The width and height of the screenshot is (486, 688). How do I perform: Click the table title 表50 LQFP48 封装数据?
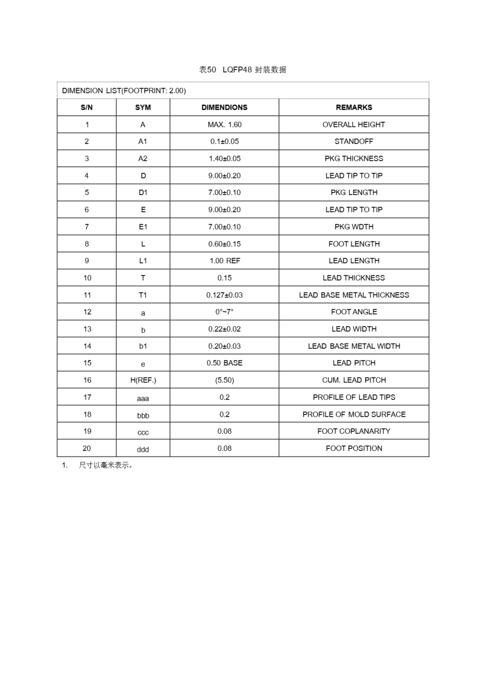click(x=242, y=70)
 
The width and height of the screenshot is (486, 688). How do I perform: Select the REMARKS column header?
click(x=354, y=107)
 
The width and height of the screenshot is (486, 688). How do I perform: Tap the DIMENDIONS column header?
click(x=224, y=107)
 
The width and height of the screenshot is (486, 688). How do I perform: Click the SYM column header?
click(x=143, y=107)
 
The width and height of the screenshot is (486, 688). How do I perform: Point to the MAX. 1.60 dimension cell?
click(x=224, y=124)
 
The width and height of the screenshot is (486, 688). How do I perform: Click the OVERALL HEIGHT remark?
click(x=354, y=124)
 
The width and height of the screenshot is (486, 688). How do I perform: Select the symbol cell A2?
click(x=143, y=159)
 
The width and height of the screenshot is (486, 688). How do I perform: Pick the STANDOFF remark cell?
click(x=354, y=141)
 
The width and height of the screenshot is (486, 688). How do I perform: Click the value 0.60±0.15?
click(x=224, y=244)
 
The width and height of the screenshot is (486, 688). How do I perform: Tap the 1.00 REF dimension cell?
click(x=224, y=261)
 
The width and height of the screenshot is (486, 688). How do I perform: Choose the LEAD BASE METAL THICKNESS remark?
click(x=354, y=295)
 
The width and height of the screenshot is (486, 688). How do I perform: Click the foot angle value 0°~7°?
click(x=224, y=312)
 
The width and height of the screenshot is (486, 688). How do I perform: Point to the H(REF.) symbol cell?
click(x=143, y=380)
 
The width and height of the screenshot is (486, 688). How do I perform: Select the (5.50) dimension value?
click(x=224, y=380)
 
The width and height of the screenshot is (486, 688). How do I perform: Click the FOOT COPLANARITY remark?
click(x=354, y=431)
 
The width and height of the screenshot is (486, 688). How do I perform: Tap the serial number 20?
click(x=87, y=448)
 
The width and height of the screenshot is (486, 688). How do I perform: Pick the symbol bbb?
click(x=143, y=415)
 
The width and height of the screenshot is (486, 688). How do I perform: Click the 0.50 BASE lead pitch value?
click(x=224, y=363)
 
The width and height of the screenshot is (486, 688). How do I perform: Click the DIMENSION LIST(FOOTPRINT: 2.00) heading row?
click(x=124, y=91)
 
